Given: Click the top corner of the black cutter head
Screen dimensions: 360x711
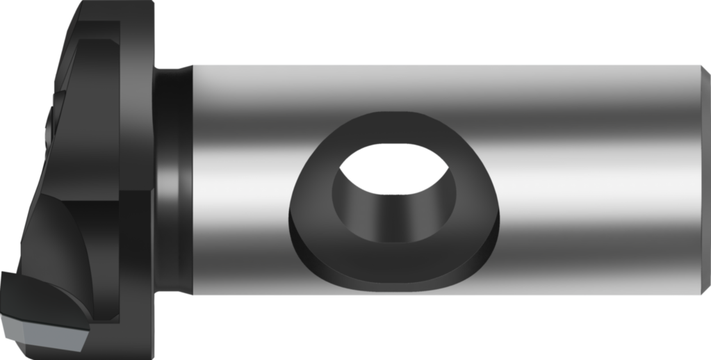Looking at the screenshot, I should [87, 3].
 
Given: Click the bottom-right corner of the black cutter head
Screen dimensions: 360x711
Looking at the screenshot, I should [152, 322].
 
